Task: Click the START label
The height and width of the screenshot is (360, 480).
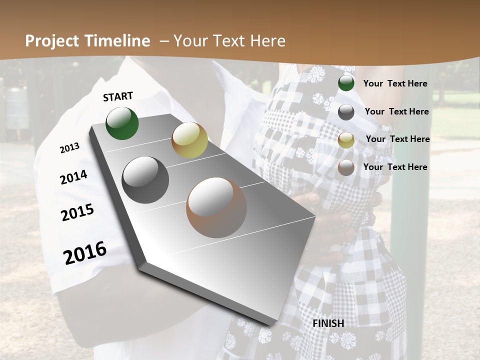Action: point(118,96)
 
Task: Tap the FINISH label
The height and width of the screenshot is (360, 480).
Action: point(328,323)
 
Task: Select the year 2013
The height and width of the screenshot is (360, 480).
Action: point(69,148)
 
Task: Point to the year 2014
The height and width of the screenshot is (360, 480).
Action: point(73,177)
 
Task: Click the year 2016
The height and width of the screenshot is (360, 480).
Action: point(85,253)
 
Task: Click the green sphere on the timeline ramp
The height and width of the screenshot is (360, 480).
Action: point(122,123)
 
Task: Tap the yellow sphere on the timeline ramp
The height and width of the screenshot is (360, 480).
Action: point(189,140)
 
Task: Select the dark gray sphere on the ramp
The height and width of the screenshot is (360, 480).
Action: point(145,180)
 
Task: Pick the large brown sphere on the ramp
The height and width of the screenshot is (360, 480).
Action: point(216,207)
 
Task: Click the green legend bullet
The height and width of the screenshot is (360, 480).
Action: point(346,83)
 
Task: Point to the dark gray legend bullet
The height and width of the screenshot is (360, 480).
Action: point(346,112)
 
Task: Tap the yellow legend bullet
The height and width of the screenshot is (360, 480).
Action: point(346,140)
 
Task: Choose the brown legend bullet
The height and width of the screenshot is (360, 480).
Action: point(346,167)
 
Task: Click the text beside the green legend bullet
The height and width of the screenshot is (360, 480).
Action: point(395,83)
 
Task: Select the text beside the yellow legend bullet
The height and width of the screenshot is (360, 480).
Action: point(397,139)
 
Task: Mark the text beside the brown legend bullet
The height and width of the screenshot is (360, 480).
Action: point(395,167)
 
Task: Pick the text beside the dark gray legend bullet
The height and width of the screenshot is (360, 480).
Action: point(396,111)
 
